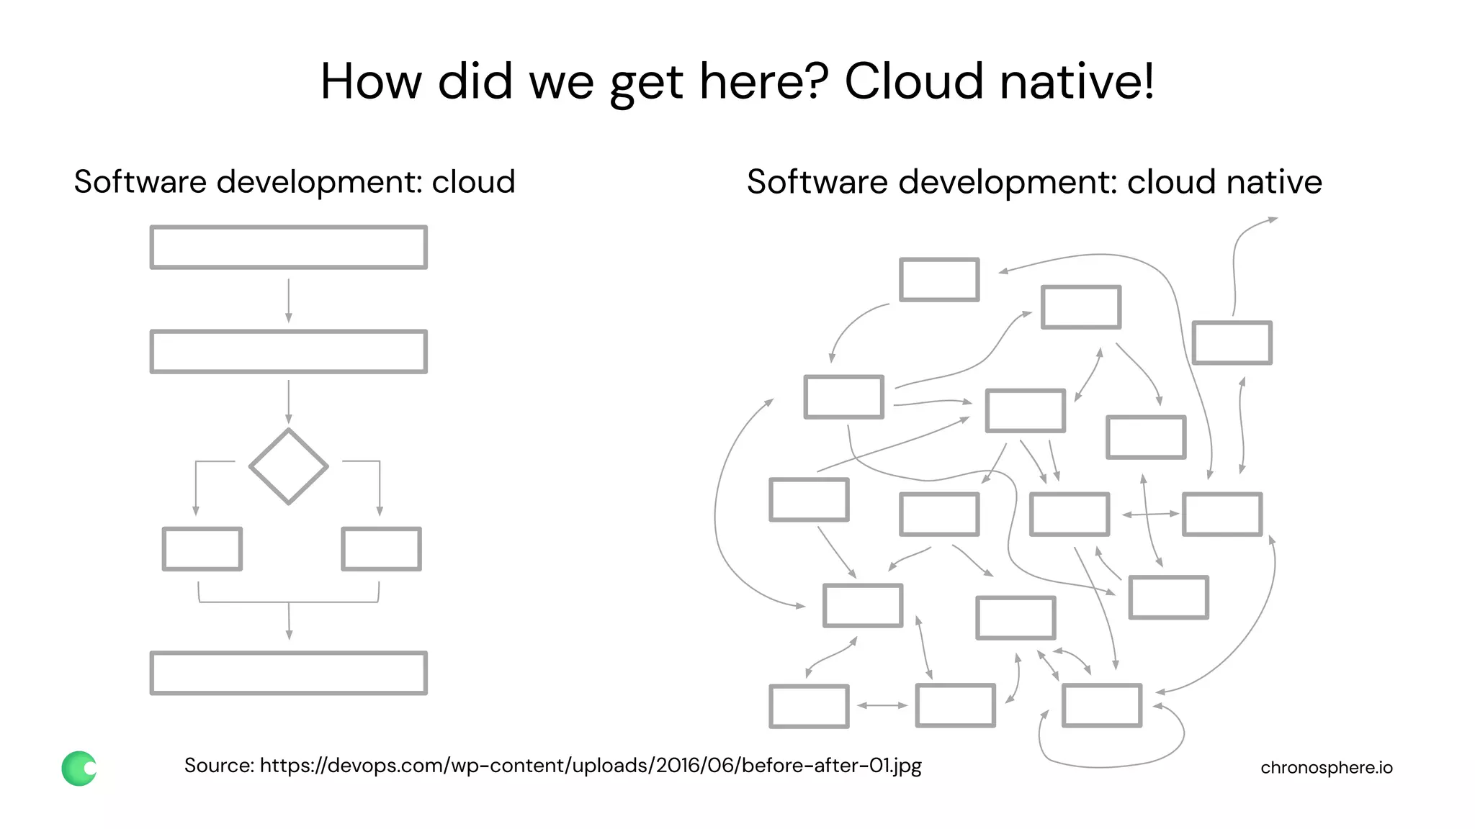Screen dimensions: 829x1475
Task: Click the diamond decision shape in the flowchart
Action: (x=288, y=466)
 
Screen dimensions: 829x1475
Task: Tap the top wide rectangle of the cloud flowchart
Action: (x=288, y=248)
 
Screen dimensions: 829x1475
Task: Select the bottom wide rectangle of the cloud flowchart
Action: (x=288, y=673)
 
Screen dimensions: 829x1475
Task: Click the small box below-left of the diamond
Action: (x=202, y=549)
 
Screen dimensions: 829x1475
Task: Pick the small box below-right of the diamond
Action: (x=382, y=549)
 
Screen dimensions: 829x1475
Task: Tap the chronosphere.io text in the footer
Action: (x=1326, y=768)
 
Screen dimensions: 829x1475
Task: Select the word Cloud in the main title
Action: (x=913, y=81)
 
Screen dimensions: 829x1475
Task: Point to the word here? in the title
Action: (x=764, y=81)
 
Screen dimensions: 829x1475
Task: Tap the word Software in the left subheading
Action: (x=140, y=181)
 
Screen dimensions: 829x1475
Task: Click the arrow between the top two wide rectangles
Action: (x=289, y=300)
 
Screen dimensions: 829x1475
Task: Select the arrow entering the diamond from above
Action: (x=289, y=402)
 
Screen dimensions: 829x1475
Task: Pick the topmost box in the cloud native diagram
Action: (x=939, y=279)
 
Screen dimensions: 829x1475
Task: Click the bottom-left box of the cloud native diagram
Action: (x=809, y=706)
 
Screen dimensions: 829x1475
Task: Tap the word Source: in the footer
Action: (x=219, y=765)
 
